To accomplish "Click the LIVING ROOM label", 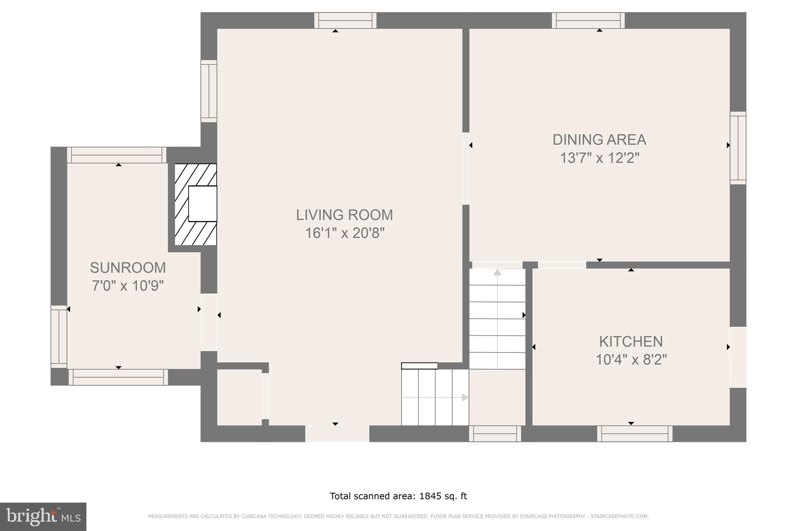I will pyautogui.click(x=344, y=215).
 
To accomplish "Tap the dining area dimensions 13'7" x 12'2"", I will pyautogui.click(x=599, y=158).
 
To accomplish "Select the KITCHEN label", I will pyautogui.click(x=630, y=341).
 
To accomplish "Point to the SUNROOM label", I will pyautogui.click(x=128, y=268).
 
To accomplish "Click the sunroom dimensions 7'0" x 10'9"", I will pyautogui.click(x=128, y=286).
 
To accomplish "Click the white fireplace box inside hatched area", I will pyautogui.click(x=202, y=203).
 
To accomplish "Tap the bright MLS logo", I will pyautogui.click(x=43, y=516).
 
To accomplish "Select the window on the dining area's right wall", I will pyautogui.click(x=738, y=148).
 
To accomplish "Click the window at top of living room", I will pyautogui.click(x=345, y=20).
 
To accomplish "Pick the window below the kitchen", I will pyautogui.click(x=635, y=433).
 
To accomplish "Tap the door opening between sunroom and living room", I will pyautogui.click(x=209, y=322).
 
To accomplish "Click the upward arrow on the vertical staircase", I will pyautogui.click(x=497, y=272).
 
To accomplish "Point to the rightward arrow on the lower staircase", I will pyautogui.click(x=465, y=397).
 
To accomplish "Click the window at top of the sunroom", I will pyautogui.click(x=117, y=155).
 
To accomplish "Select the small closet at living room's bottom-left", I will pyautogui.click(x=239, y=397).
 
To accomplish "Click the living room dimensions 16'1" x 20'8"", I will pyautogui.click(x=344, y=233).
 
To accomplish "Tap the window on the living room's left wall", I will pyautogui.click(x=209, y=91).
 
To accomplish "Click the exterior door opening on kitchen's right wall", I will pyautogui.click(x=738, y=357).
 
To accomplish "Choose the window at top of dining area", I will pyautogui.click(x=588, y=20).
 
